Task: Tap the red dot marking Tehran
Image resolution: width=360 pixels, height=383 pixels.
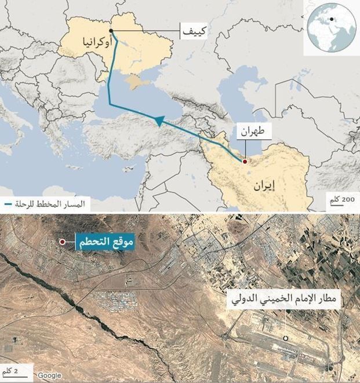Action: [x=245, y=161]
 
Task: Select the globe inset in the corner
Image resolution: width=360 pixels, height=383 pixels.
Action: [x=331, y=27]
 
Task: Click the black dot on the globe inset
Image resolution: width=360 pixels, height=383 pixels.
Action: [x=332, y=20]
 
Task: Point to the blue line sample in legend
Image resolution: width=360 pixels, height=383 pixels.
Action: [x=8, y=205]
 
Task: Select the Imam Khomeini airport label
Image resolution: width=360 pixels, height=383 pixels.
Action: [x=285, y=300]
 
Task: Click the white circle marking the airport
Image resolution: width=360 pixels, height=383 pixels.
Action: [x=285, y=338]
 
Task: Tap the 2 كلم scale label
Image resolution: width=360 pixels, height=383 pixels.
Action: [x=10, y=370]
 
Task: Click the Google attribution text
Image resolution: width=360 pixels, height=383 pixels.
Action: [x=49, y=375]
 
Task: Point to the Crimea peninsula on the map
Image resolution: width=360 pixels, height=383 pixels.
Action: [x=138, y=82]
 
